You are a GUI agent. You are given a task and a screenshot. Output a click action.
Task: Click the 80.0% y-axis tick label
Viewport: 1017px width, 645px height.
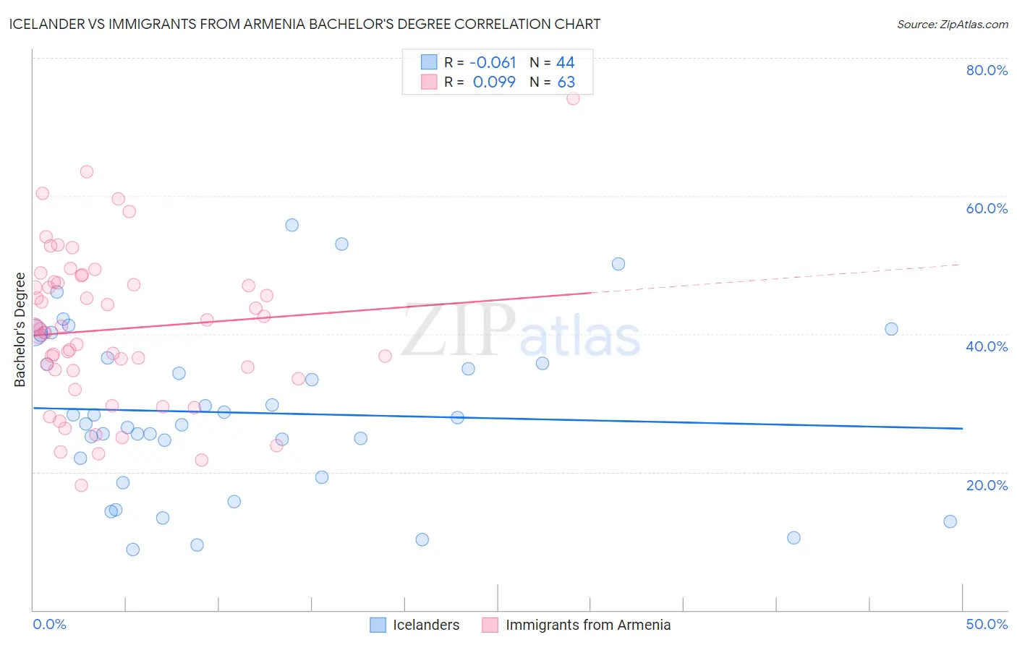click(987, 70)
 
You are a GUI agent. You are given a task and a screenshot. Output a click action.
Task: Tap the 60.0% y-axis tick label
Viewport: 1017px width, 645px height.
click(987, 208)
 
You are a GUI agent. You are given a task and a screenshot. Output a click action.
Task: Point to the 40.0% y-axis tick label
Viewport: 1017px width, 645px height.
click(987, 346)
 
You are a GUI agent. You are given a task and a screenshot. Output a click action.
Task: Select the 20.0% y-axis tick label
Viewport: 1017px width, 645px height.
click(987, 485)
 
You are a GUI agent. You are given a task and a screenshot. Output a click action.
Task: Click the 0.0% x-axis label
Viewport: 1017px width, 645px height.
click(49, 624)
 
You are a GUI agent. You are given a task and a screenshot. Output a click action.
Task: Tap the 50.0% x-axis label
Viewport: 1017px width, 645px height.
click(987, 624)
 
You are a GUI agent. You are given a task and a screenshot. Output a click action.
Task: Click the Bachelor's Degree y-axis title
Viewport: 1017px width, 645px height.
click(20, 330)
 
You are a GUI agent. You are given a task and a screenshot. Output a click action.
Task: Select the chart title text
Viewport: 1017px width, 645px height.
click(305, 24)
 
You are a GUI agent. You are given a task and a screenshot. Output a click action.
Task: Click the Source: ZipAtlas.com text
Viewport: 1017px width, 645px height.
click(952, 25)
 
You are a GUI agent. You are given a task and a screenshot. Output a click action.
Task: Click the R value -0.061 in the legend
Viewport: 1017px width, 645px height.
click(493, 63)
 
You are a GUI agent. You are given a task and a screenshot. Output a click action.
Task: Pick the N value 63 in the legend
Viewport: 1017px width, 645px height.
click(566, 82)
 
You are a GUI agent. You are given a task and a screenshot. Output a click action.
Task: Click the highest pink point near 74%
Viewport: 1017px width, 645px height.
click(573, 98)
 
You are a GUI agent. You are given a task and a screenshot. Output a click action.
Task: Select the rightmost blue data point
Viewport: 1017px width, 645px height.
click(950, 521)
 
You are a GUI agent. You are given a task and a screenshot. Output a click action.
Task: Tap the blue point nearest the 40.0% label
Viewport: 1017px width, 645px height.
click(891, 329)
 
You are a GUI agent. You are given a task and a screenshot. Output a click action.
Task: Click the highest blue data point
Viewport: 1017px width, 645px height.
click(292, 225)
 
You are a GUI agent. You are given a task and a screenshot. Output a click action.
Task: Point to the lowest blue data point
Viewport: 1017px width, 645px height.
click(132, 550)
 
